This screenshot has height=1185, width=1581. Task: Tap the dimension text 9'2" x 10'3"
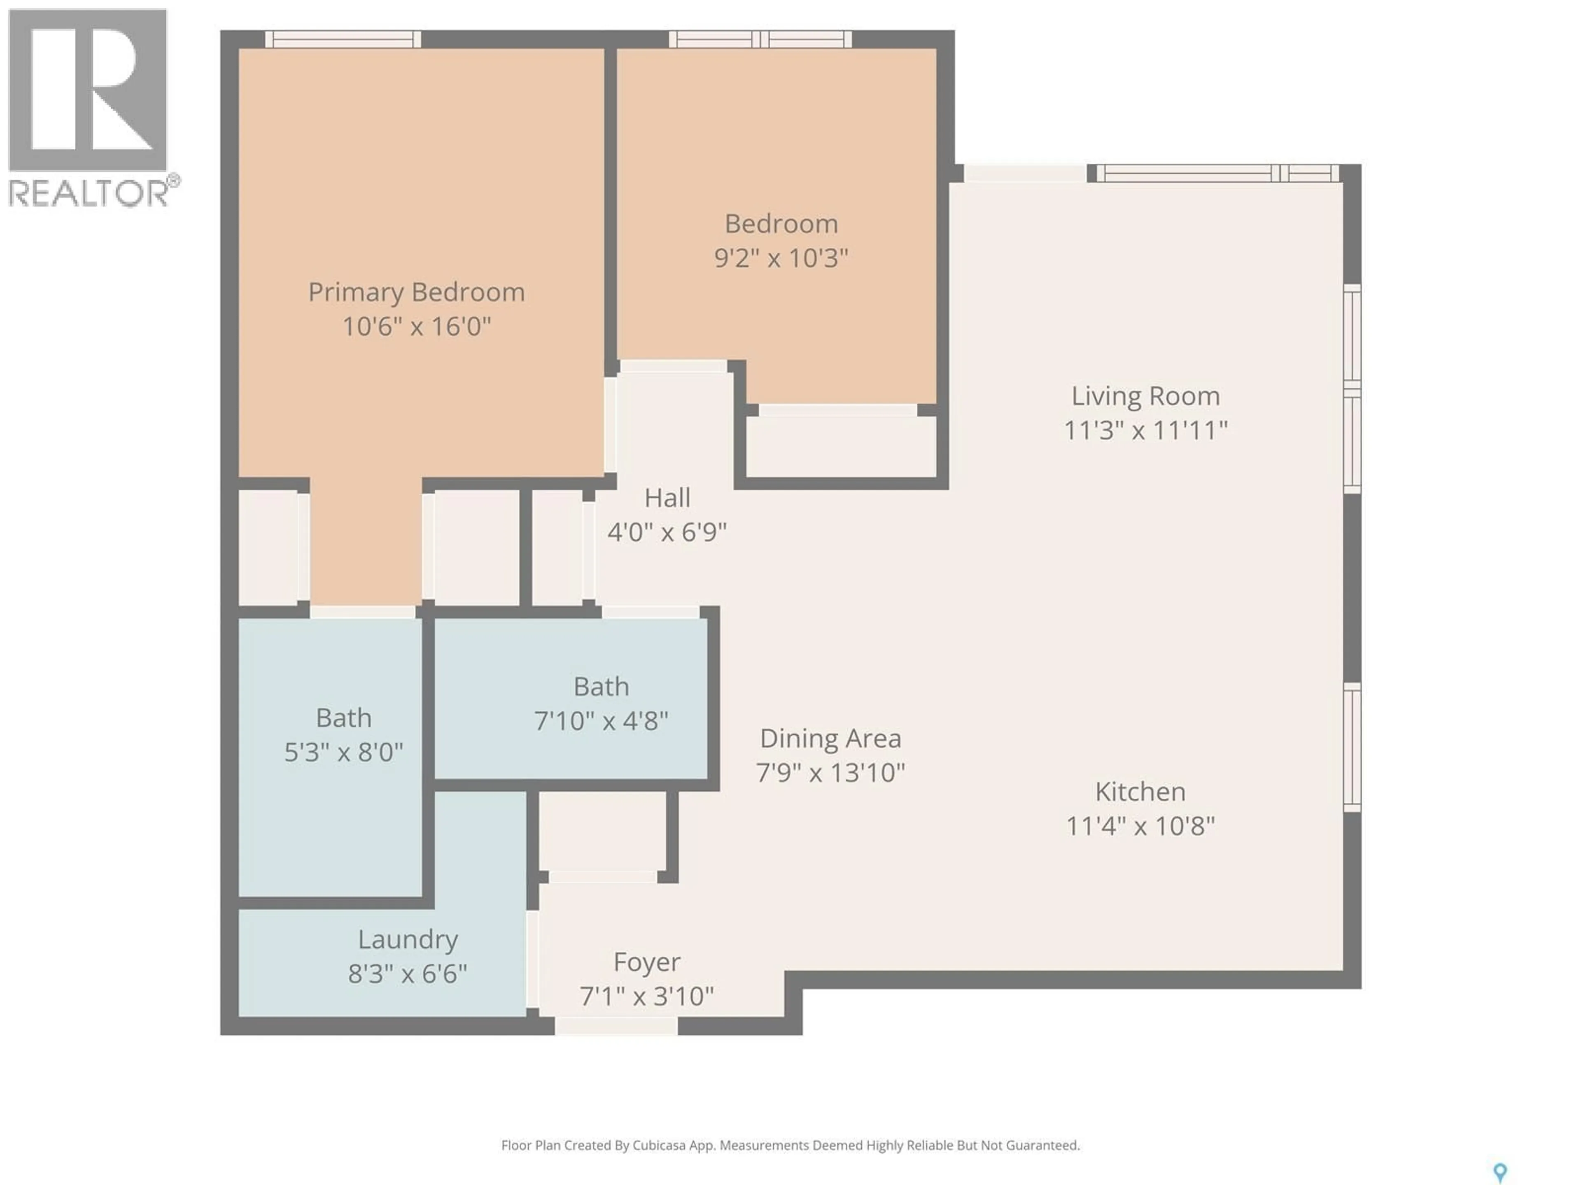[781, 258]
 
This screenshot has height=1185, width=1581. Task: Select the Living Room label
[1145, 396]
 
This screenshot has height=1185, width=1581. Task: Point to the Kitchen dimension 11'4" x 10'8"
[1140, 827]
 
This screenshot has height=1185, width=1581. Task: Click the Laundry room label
[408, 939]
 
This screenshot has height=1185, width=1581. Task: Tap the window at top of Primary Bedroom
[343, 39]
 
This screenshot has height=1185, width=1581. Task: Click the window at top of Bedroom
[760, 39]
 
